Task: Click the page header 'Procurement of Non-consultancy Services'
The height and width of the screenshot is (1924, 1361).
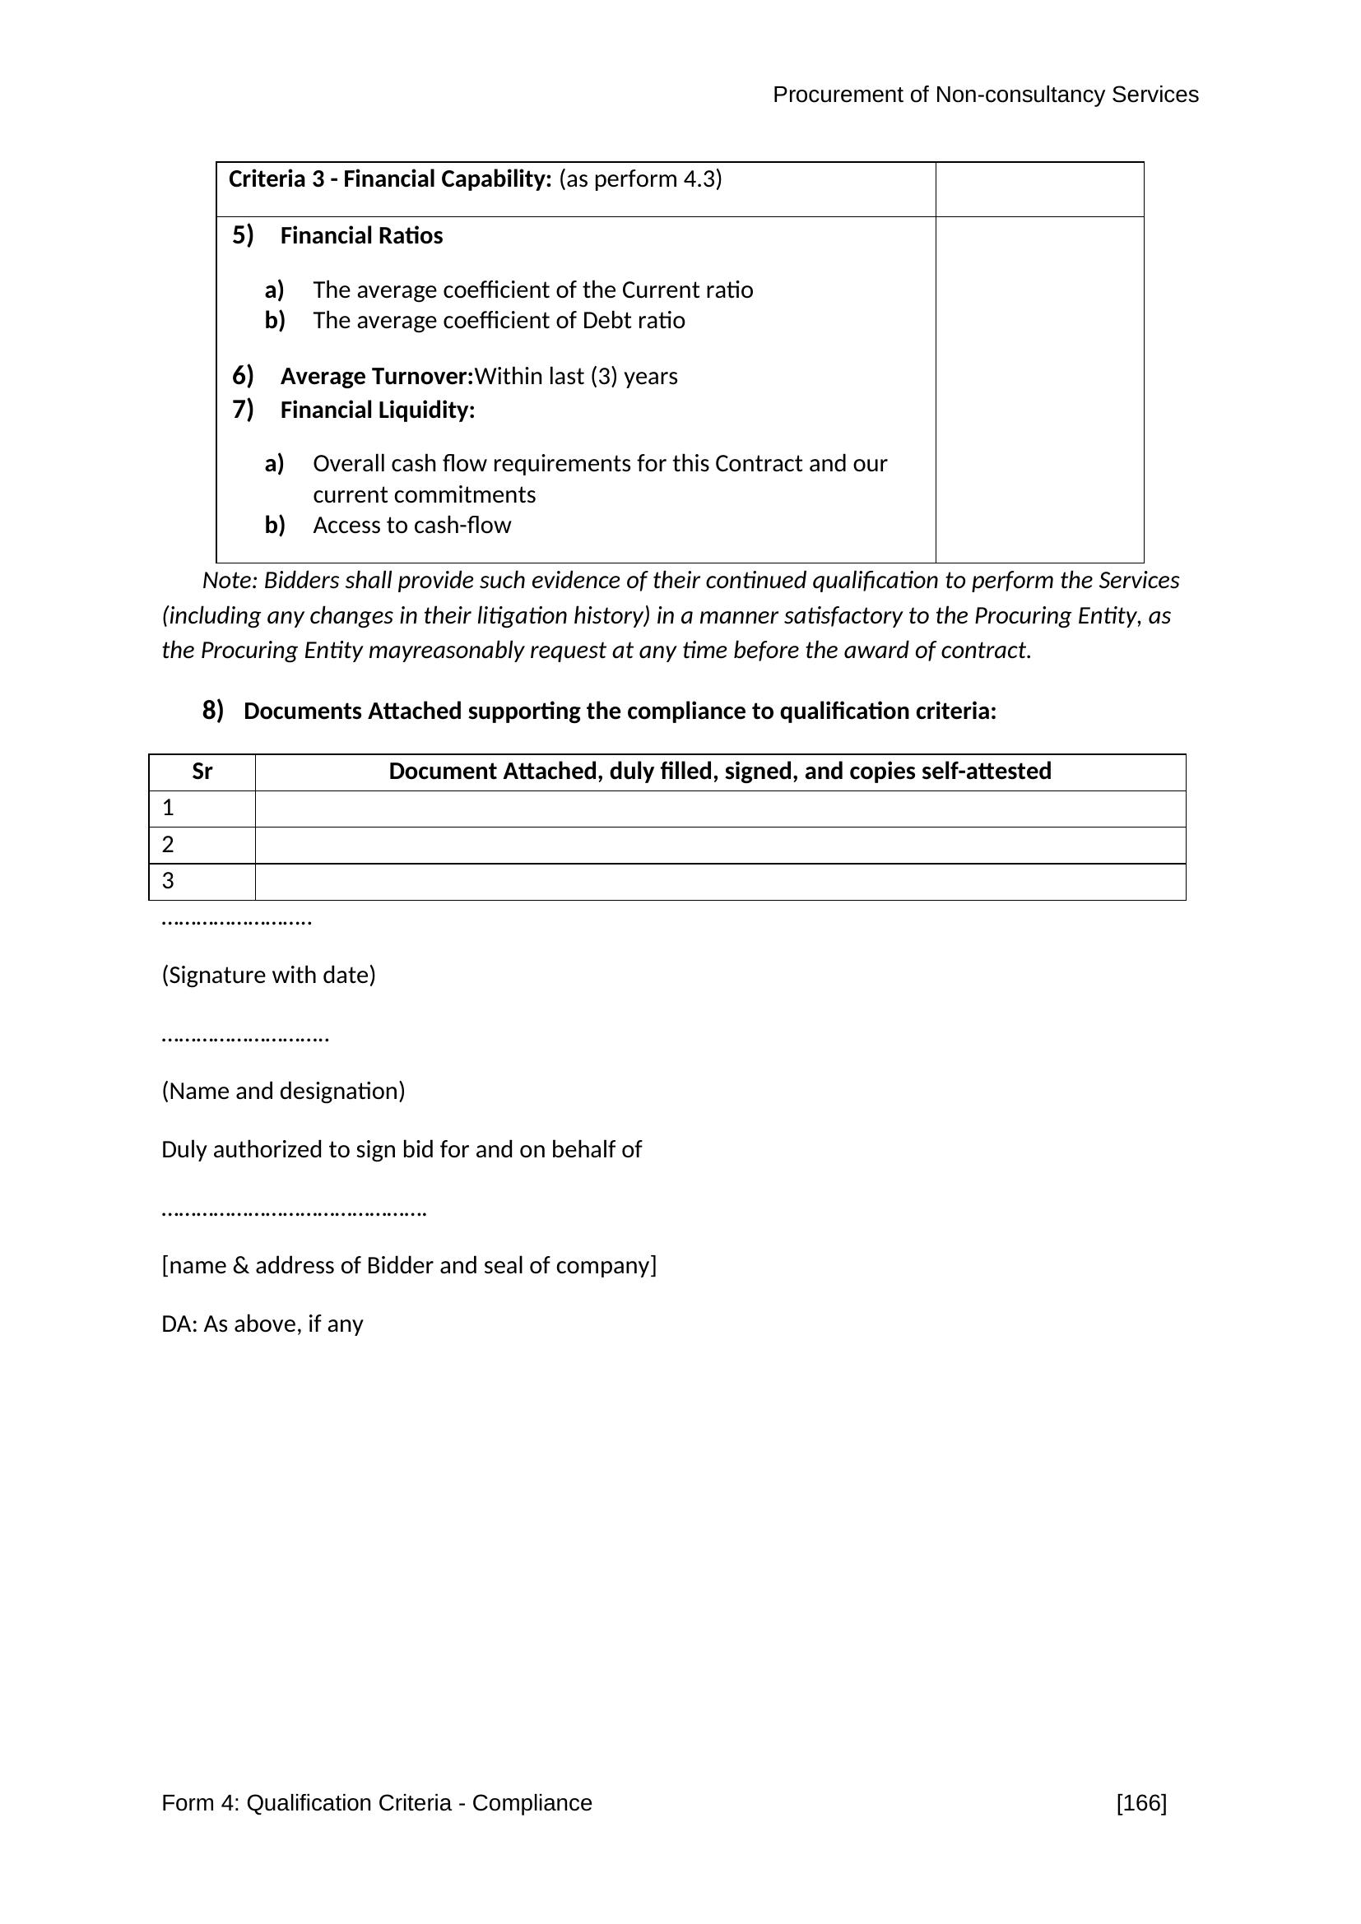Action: click(x=985, y=95)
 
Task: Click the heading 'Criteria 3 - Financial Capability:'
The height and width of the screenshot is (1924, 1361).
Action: click(x=390, y=179)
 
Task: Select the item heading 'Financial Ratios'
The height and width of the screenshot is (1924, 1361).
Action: click(x=361, y=236)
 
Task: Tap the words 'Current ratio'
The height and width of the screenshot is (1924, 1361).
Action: click(x=687, y=290)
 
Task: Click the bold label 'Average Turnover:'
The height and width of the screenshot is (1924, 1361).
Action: click(x=376, y=376)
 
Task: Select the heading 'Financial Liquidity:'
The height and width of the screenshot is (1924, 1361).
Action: click(x=377, y=410)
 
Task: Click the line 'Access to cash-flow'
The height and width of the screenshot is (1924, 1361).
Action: click(x=411, y=526)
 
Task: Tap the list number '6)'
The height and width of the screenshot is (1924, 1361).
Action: click(x=243, y=375)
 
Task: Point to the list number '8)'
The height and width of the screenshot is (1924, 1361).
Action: click(x=213, y=711)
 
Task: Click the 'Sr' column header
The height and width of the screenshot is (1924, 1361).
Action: click(x=202, y=772)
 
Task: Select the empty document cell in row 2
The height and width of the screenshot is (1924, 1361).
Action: click(x=720, y=845)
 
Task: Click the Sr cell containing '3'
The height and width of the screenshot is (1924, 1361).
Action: click(x=202, y=882)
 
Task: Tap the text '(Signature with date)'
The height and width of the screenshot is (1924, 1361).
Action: click(x=268, y=976)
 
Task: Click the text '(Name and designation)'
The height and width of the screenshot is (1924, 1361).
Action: click(x=283, y=1091)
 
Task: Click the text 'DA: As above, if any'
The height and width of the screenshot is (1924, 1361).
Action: click(x=262, y=1324)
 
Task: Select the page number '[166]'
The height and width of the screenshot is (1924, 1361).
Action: click(x=1140, y=1802)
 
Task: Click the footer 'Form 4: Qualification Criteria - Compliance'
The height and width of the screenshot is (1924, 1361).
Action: click(x=376, y=1802)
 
